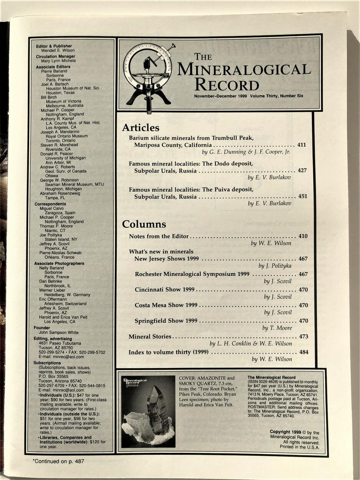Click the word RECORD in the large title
(x=226, y=84)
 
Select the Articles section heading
(x=140, y=128)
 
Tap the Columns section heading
(x=144, y=224)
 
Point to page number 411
(x=302, y=145)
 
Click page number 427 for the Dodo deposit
(x=302, y=170)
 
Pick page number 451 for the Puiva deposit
(x=302, y=196)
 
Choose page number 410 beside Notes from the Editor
(x=303, y=236)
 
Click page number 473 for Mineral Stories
(x=303, y=336)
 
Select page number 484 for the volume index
(x=303, y=352)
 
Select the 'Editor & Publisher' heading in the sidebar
(x=54, y=46)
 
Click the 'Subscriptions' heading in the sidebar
(x=48, y=363)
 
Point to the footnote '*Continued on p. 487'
(x=58, y=461)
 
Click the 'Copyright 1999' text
(x=285, y=432)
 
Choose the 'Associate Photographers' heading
(x=59, y=263)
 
